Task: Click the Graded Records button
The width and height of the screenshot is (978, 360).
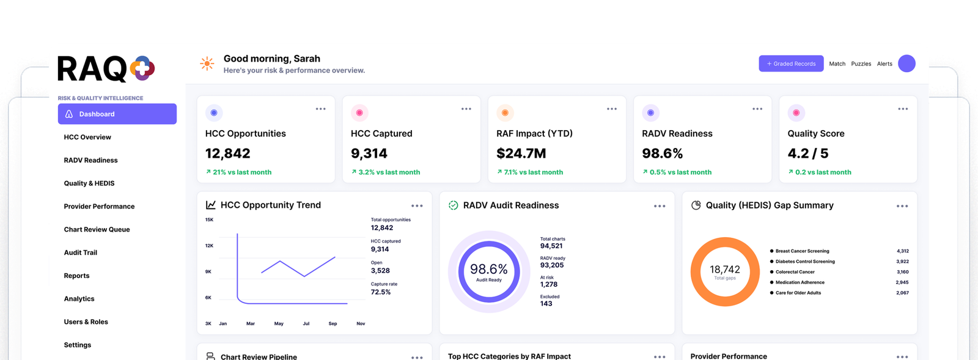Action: pyautogui.click(x=791, y=64)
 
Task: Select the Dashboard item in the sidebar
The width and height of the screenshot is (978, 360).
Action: pyautogui.click(x=117, y=114)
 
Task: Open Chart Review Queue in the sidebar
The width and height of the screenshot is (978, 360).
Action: pyautogui.click(x=97, y=230)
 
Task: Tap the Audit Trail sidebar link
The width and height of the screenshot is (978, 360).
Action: pyautogui.click(x=80, y=252)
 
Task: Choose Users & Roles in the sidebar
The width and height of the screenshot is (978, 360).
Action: pyautogui.click(x=86, y=322)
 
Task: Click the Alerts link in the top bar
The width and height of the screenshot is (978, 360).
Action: pyautogui.click(x=884, y=64)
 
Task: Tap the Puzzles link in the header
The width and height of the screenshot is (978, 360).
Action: pyautogui.click(x=861, y=64)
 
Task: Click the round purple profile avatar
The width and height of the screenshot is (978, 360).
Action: pyautogui.click(x=906, y=64)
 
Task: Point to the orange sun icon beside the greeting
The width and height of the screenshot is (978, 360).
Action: pyautogui.click(x=207, y=64)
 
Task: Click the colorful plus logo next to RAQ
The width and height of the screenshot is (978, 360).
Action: pyautogui.click(x=142, y=68)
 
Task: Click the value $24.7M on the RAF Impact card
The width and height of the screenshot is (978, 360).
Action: pyautogui.click(x=521, y=153)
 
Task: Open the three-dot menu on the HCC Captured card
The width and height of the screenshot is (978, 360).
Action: pyautogui.click(x=466, y=109)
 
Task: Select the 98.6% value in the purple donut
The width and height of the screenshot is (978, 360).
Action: pyautogui.click(x=488, y=269)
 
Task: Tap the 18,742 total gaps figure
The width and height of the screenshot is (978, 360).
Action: pyautogui.click(x=725, y=270)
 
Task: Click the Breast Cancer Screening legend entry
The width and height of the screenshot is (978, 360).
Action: pyautogui.click(x=799, y=251)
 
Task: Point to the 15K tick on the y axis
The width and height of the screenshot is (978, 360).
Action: pyautogui.click(x=209, y=220)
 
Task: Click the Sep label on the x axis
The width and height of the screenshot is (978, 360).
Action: pyautogui.click(x=333, y=324)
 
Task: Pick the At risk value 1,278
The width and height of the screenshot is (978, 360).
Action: pyautogui.click(x=548, y=284)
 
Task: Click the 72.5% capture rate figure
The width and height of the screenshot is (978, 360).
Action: pyautogui.click(x=381, y=292)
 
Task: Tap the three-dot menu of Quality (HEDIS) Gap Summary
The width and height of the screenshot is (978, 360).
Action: pyautogui.click(x=902, y=206)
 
